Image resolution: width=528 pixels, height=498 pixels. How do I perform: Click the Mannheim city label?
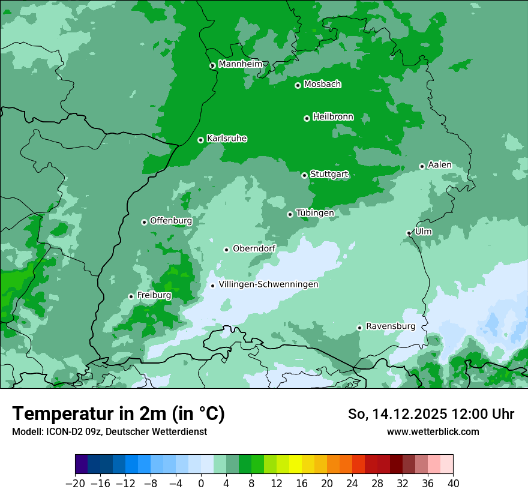241,64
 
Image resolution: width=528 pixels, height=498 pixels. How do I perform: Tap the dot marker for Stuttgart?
304,175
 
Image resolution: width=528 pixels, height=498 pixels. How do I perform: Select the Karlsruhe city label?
227,139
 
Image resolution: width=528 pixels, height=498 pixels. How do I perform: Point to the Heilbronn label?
333,117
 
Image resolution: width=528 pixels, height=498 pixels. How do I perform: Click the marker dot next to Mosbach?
298,85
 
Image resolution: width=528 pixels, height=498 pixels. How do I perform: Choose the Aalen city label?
440,165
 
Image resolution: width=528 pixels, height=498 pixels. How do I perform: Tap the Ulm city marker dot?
409,233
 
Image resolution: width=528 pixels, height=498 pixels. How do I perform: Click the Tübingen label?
315,213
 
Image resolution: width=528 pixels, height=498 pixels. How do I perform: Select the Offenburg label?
171,221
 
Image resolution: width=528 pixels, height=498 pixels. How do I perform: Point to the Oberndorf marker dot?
226,250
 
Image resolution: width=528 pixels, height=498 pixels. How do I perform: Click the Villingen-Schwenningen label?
268,284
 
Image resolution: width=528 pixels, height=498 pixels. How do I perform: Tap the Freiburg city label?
154,295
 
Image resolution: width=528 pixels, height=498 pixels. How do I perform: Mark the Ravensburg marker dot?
359,328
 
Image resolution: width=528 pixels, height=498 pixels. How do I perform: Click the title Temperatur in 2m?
118,414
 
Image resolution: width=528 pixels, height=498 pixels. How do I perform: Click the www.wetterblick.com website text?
433,432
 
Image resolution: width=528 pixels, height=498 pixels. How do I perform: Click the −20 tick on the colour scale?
75,484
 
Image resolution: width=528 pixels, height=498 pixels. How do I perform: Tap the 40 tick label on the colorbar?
453,484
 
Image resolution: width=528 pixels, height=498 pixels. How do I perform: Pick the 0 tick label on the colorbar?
201,484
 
